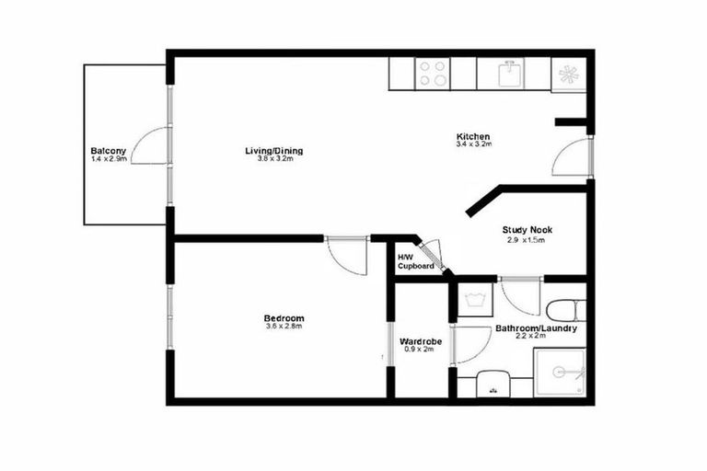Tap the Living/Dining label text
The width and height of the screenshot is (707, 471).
tap(274, 151)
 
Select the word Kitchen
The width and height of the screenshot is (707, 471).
tap(473, 136)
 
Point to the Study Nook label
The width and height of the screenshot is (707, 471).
tap(526, 230)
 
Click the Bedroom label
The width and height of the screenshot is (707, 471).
tap(284, 318)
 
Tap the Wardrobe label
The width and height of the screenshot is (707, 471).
tap(422, 341)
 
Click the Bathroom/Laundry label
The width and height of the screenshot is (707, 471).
tap(536, 328)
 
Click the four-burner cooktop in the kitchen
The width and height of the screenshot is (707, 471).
tap(433, 73)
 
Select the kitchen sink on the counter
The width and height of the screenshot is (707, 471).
tap(509, 73)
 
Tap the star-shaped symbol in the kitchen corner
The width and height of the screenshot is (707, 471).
tap(568, 73)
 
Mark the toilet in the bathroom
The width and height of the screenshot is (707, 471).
tap(561, 308)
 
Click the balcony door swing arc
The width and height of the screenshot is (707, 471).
tap(150, 145)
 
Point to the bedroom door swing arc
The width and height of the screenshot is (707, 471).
tap(348, 257)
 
